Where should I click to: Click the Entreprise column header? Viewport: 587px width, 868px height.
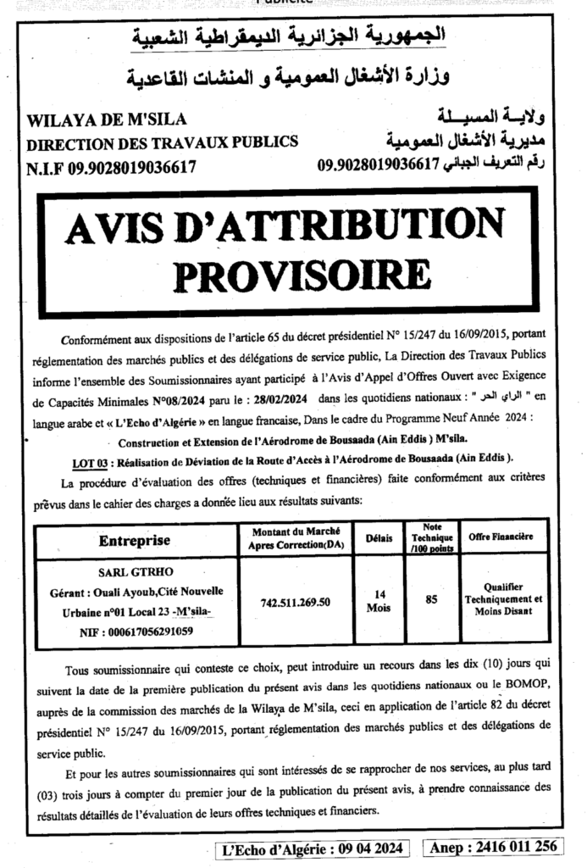point(135,540)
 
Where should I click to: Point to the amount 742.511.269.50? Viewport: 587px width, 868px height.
point(290,603)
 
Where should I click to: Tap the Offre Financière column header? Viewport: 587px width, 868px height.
point(501,537)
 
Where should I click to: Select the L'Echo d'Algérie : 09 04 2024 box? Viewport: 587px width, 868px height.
point(314,847)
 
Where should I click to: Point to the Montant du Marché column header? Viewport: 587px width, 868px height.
point(290,538)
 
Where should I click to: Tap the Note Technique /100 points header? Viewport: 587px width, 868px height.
point(431,538)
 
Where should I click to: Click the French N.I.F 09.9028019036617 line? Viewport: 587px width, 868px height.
point(111,166)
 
